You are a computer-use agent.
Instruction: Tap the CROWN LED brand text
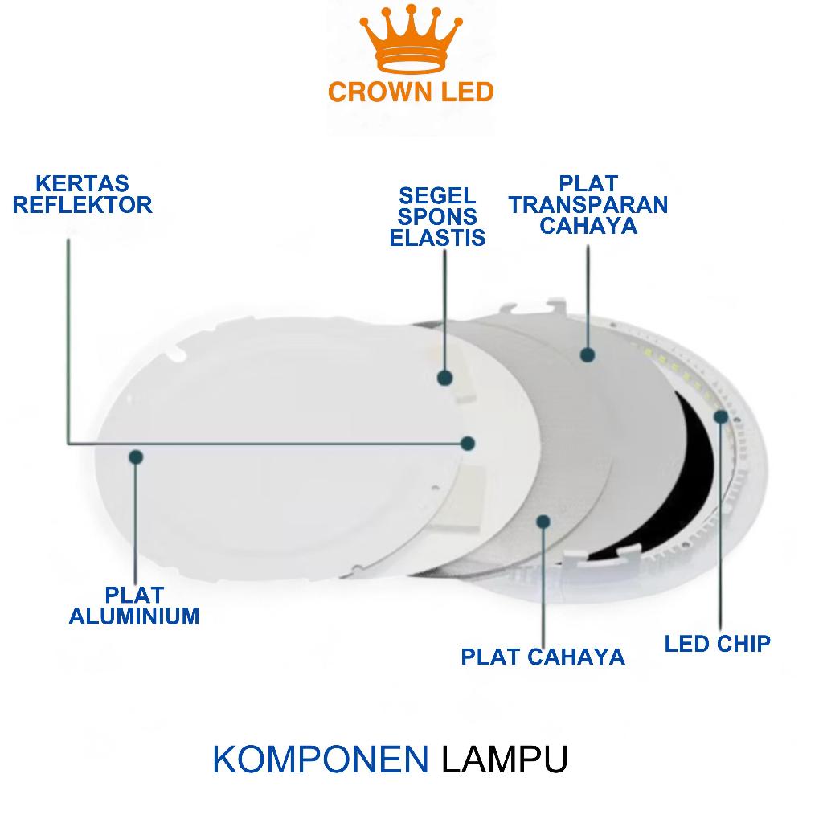click(411, 92)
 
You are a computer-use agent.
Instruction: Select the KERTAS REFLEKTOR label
click(82, 195)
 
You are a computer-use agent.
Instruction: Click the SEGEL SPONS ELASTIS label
click(437, 216)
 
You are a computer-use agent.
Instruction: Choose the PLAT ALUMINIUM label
click(134, 606)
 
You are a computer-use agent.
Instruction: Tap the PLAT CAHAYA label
click(543, 657)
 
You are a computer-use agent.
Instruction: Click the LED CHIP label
click(717, 643)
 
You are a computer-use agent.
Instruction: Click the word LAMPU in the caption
click(505, 760)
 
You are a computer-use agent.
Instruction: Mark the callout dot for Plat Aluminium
click(136, 457)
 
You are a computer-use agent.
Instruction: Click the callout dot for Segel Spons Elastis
click(444, 377)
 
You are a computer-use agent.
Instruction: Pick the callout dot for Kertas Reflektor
click(469, 442)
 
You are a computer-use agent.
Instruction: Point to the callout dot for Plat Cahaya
click(543, 520)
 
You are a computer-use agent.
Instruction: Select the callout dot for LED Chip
click(721, 416)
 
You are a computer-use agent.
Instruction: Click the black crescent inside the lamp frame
click(691, 466)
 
